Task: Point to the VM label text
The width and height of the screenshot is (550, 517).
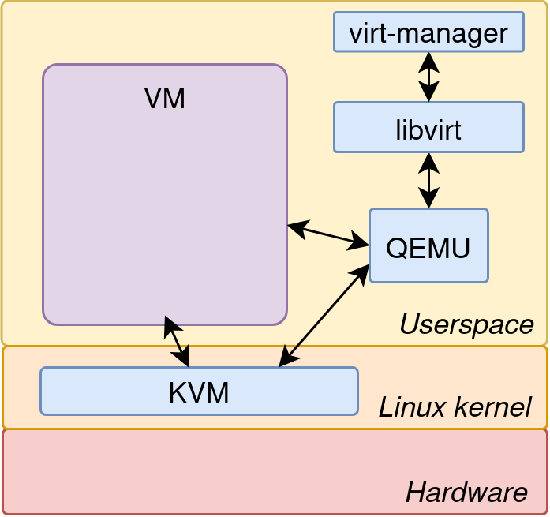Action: [x=165, y=99]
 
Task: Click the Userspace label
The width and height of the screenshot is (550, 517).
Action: [x=466, y=324]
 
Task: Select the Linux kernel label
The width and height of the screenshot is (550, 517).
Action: [x=455, y=407]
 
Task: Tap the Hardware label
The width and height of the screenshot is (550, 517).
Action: [x=466, y=493]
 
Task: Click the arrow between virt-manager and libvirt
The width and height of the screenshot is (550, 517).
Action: [x=429, y=77]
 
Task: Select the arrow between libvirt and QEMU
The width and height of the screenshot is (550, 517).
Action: [x=429, y=180]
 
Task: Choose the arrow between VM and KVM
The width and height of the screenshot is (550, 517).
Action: [x=177, y=341]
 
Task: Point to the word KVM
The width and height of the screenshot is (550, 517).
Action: [x=199, y=391]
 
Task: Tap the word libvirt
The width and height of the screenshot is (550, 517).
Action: [x=428, y=128]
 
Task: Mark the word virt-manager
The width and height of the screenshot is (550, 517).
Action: [x=428, y=33]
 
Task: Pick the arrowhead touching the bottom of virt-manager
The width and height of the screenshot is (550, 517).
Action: [x=429, y=58]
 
